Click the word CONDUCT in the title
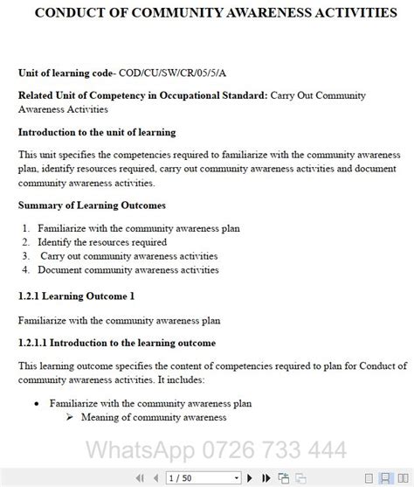tap(57, 14)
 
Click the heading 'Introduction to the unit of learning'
tap(97, 132)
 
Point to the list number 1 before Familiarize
tap(26, 228)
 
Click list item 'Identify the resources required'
tap(102, 242)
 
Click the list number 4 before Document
tap(26, 270)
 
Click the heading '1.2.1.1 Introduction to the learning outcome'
tap(116, 342)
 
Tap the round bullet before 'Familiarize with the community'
tap(35, 404)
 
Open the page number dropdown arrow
tap(236, 478)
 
